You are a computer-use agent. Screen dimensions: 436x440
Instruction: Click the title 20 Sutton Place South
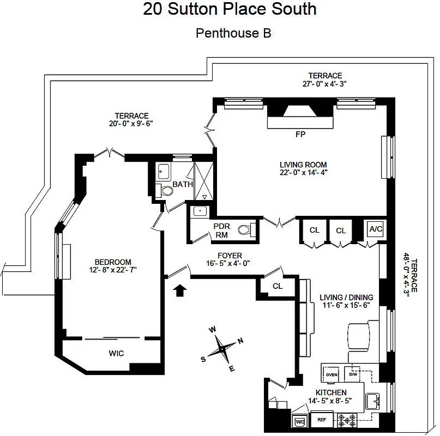pos(230,9)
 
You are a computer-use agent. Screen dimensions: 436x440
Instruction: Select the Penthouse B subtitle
pos(233,33)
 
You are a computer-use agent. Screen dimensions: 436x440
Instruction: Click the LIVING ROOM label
pos(303,165)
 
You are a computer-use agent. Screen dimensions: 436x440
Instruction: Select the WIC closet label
pos(116,353)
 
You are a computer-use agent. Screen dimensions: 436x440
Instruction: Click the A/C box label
pos(376,229)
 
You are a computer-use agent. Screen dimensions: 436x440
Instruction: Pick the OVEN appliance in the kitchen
pos(331,375)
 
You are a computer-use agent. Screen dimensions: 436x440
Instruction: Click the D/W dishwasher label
pos(353,375)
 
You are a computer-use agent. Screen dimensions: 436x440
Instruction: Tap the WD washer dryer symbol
pos(299,421)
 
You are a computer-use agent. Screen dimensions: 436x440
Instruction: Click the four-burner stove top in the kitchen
pos(347,421)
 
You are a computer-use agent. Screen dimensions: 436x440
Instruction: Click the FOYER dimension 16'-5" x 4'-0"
pos(230,263)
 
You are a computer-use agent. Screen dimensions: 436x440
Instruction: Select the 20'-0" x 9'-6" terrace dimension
pos(131,123)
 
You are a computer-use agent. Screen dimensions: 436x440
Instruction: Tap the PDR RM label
pos(221,231)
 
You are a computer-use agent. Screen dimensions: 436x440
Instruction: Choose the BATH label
pos(183,185)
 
